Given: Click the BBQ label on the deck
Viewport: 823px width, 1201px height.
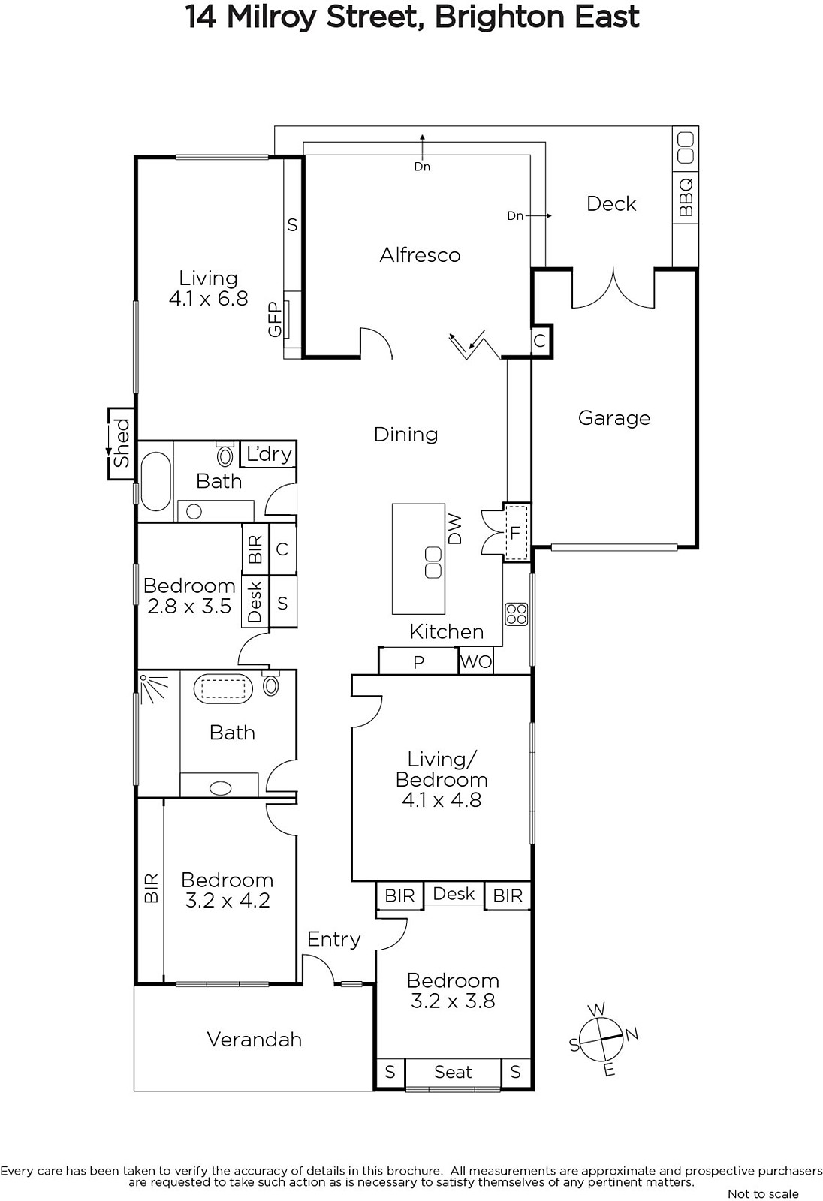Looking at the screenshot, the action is tap(686, 197).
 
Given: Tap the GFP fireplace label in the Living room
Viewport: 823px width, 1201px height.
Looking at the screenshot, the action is tap(275, 319).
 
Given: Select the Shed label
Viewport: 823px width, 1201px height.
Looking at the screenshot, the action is tap(122, 443).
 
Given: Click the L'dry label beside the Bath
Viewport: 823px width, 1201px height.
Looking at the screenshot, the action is tap(268, 454).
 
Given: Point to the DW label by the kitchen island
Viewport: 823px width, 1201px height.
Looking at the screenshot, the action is tap(454, 529).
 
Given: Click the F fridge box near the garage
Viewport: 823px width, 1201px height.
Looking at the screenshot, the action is tap(516, 532).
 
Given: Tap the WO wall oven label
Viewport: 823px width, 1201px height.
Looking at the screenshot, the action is tap(476, 661).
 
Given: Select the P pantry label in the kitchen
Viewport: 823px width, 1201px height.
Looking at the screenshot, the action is tap(419, 662).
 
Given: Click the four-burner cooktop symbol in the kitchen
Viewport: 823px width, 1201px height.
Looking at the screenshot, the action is tap(517, 614).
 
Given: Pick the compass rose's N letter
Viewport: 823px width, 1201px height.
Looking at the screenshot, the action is tap(632, 1034).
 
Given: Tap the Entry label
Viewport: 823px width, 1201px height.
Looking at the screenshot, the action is tap(333, 939).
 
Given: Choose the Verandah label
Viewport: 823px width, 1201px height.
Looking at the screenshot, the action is tap(255, 1040).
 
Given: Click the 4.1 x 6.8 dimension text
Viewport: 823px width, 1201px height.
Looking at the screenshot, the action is tap(209, 298).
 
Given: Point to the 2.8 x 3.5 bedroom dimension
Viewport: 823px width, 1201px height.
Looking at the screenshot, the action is tap(188, 606).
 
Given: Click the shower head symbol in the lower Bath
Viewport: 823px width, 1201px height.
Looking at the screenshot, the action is tap(153, 688).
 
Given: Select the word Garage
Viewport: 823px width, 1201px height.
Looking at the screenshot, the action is tap(614, 418).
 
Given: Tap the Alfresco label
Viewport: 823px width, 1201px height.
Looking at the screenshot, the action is tap(420, 254).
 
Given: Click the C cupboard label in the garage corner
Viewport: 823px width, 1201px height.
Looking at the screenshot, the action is tap(540, 341).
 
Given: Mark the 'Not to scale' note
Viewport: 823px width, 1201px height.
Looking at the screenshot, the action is tap(763, 1193).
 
